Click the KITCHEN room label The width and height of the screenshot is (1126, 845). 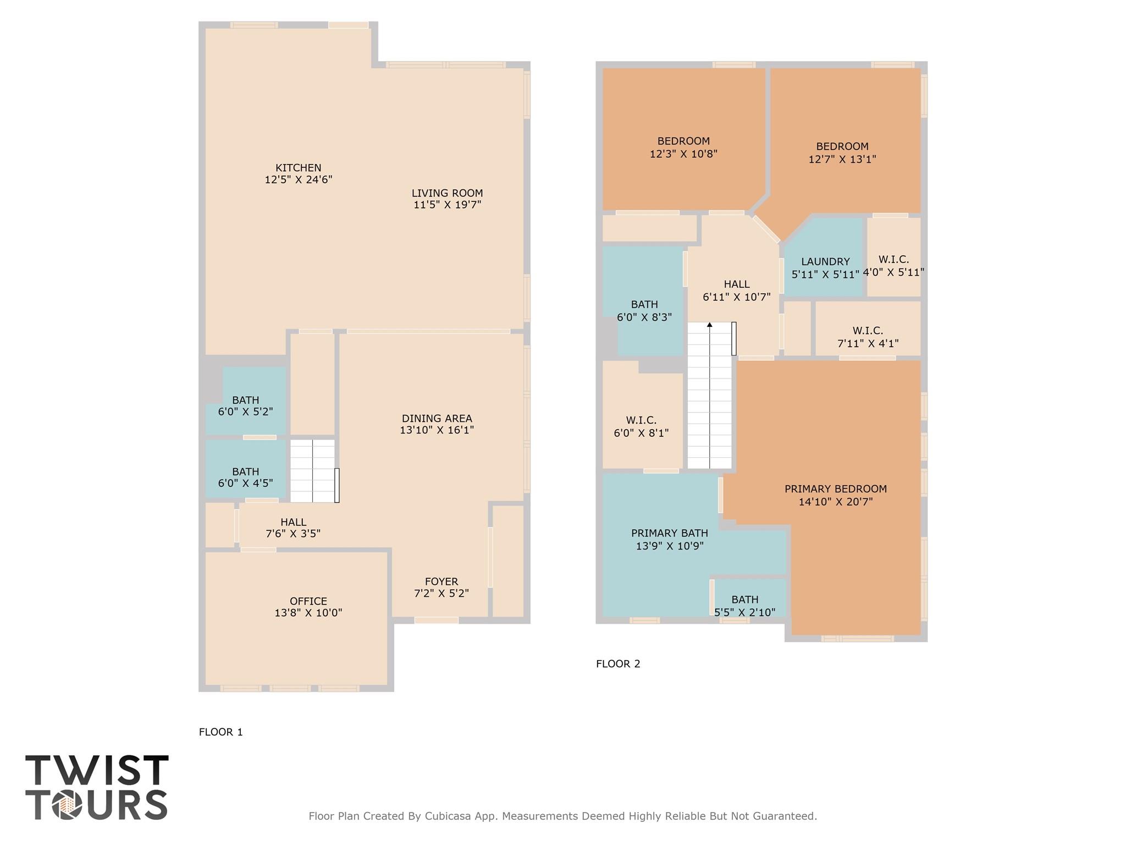click(298, 168)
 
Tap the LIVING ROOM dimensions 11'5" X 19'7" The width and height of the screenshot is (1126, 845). click(447, 205)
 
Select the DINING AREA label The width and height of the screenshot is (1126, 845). click(437, 419)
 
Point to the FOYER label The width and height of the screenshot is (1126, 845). click(441, 581)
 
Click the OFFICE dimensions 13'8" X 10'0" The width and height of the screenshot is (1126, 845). click(308, 613)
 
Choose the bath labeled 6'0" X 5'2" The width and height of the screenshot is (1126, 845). click(245, 406)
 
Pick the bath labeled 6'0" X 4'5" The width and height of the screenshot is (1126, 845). click(245, 478)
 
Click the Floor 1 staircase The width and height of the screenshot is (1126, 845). click(312, 471)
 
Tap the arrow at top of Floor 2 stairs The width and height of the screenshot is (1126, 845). click(710, 325)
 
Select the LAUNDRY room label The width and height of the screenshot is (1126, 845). click(825, 262)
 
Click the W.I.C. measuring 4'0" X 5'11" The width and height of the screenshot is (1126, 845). click(893, 266)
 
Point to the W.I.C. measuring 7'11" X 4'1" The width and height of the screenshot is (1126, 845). click(868, 337)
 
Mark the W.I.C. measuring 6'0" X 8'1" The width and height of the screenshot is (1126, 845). click(641, 427)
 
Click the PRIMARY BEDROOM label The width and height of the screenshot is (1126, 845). click(835, 489)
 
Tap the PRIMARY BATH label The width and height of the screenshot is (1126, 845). click(669, 533)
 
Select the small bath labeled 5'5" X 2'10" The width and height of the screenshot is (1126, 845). click(745, 605)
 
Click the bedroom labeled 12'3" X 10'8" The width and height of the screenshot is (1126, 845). click(683, 147)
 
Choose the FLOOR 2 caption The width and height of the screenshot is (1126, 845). click(618, 664)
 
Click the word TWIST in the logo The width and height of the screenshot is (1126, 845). click(97, 770)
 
